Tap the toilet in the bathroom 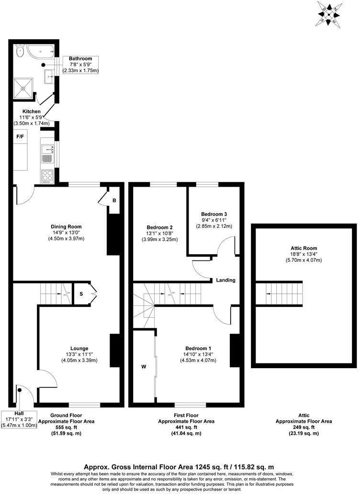[x=20, y=49]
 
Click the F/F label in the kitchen [x=21, y=136]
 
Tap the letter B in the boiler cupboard [x=114, y=200]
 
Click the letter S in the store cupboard [x=81, y=294]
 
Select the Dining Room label [x=66, y=226]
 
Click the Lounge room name [x=79, y=348]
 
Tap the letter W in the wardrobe [x=143, y=367]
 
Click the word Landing [x=225, y=280]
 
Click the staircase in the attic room [x=279, y=293]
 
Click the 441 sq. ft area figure [x=186, y=427]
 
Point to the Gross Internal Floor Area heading [x=179, y=466]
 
